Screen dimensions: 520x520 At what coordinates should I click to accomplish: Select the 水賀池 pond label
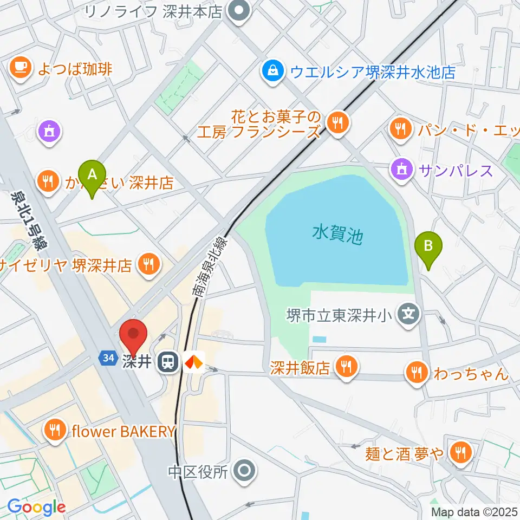pos(337,235)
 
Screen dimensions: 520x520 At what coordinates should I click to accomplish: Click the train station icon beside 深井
pos(167,362)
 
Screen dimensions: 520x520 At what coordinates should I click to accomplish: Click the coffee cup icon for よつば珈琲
pos(21,68)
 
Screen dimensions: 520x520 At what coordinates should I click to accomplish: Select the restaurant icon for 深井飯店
pos(344,368)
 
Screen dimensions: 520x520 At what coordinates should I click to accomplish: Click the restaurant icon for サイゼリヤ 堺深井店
pos(147,265)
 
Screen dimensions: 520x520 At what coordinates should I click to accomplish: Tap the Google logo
pos(36,508)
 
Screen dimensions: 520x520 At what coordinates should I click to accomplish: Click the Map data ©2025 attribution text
pos(474,512)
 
